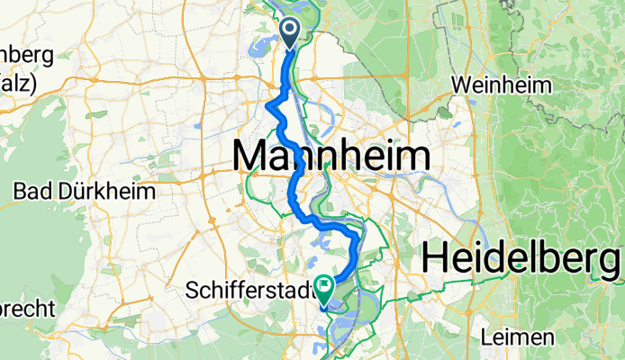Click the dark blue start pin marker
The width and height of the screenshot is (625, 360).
(291, 33)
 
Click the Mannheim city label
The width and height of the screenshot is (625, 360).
(331, 157)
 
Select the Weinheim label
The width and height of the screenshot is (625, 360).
(501, 85)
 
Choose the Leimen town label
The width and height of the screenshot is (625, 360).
(518, 337)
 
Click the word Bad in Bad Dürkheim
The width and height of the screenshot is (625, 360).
(32, 191)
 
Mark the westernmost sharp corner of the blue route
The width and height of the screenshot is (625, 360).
(268, 106)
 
